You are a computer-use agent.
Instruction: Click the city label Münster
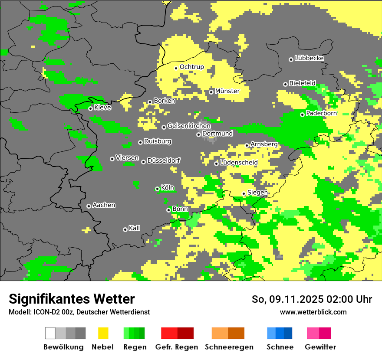(x=227, y=91)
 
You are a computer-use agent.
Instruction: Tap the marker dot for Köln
(x=157, y=189)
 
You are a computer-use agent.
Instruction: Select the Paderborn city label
(x=321, y=113)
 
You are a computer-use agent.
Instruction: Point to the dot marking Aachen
(x=89, y=206)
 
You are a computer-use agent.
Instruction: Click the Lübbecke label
(x=309, y=58)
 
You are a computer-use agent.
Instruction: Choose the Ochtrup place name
(x=191, y=67)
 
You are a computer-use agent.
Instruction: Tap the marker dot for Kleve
(x=90, y=108)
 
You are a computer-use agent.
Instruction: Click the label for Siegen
(x=257, y=193)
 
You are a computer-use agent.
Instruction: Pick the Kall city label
(x=134, y=228)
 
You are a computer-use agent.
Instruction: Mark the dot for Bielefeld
(x=285, y=84)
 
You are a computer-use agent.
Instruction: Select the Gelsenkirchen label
(x=189, y=126)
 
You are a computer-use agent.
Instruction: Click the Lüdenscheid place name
(x=239, y=163)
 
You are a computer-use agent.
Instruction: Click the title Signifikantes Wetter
(x=72, y=299)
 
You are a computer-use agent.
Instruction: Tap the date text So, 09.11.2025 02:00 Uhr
(x=312, y=299)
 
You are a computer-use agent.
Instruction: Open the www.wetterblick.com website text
(x=313, y=312)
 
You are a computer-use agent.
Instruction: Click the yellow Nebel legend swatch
(x=103, y=333)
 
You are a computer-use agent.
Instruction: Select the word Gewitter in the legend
(x=320, y=347)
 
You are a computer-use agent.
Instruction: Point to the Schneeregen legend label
(x=229, y=347)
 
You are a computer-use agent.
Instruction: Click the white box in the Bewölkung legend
(x=50, y=333)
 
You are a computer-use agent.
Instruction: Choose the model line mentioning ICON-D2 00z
(x=79, y=312)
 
